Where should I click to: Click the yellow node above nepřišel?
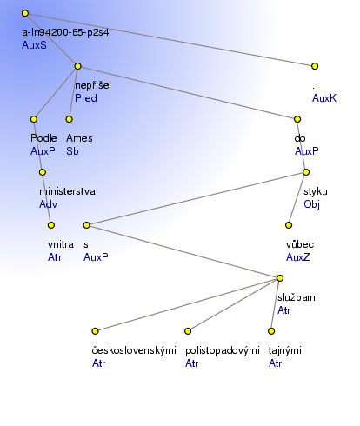point(77,66)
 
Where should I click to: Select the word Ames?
point(79,138)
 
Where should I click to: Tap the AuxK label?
point(324,98)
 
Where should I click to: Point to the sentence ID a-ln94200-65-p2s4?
point(65,32)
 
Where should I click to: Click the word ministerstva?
point(67,191)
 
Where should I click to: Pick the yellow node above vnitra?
point(51,225)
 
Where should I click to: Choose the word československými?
point(134,350)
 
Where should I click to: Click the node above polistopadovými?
point(188,331)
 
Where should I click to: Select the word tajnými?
point(285,350)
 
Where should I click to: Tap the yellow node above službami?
point(280,278)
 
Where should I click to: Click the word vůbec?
point(300,244)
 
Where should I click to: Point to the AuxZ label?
point(298,257)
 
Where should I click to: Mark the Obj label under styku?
point(311,204)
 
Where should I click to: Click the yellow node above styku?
point(306,172)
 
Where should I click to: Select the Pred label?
point(86,98)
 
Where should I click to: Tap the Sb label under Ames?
point(72,151)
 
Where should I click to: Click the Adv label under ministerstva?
point(49,204)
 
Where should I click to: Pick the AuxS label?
point(34,45)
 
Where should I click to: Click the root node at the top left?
point(25,13)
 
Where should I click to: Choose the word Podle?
point(43,138)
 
